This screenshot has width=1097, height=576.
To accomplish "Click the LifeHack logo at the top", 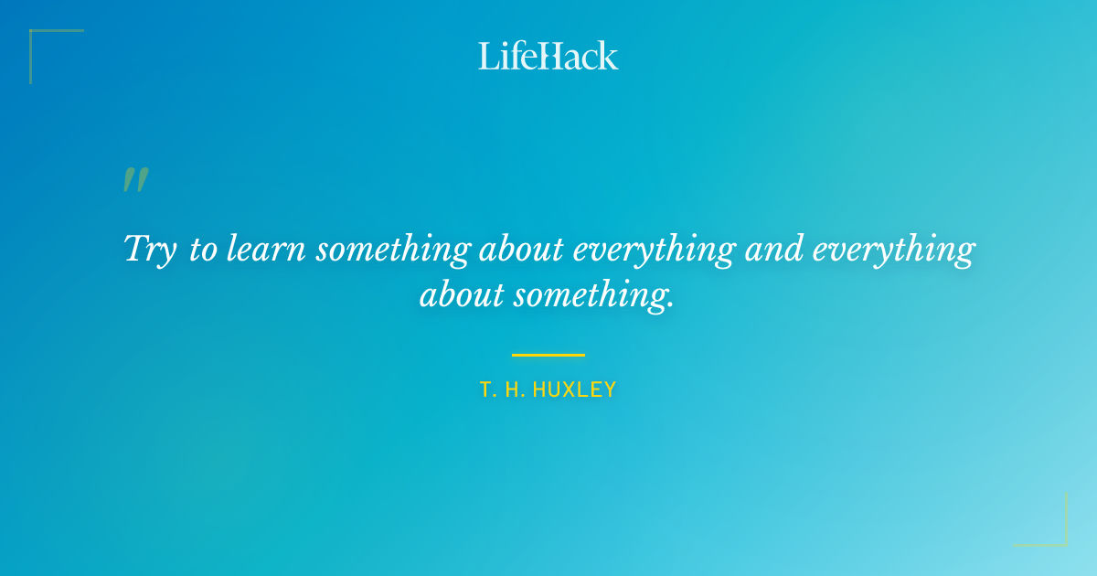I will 548,56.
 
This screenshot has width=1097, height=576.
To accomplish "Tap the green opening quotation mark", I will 135,179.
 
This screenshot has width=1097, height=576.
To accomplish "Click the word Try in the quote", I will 150,250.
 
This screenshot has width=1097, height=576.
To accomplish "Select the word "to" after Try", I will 202,250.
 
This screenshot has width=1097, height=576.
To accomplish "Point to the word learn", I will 265,250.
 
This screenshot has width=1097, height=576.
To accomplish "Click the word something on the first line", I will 393,250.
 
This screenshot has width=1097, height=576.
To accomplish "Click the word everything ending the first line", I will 894,250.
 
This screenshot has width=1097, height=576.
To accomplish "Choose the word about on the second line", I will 462,295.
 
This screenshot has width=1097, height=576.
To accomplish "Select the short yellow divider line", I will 548,355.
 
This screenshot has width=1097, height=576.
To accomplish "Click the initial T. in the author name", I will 487,390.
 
